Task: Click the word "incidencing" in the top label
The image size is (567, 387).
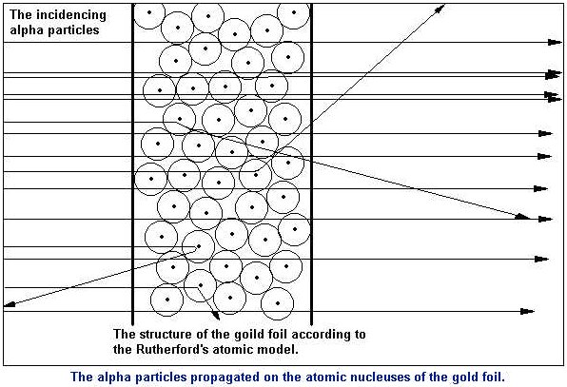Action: click(70, 15)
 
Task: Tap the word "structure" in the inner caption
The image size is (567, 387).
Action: click(166, 335)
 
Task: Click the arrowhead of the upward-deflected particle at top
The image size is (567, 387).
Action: click(440, 8)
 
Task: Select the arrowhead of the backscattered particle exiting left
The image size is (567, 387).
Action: click(10, 304)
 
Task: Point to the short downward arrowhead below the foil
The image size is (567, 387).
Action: click(216, 316)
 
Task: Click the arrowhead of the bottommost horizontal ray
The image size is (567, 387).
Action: click(527, 311)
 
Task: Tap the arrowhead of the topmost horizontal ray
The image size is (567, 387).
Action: click(555, 42)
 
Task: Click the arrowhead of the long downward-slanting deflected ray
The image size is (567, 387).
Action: click(522, 217)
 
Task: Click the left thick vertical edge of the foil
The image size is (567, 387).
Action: click(132, 164)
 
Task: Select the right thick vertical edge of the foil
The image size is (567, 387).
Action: click(311, 164)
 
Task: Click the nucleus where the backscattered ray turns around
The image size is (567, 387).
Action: click(199, 246)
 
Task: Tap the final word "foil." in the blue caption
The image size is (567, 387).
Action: click(492, 377)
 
